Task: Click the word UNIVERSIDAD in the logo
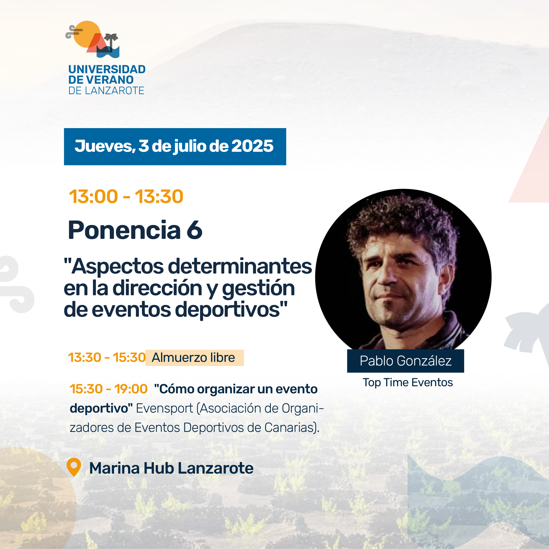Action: click(x=107, y=69)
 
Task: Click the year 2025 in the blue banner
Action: click(x=252, y=146)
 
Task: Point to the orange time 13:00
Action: click(x=93, y=196)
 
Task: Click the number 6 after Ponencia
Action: click(x=195, y=230)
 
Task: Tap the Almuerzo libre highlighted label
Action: click(x=194, y=358)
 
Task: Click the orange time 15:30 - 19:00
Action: click(x=109, y=389)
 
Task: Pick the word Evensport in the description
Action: click(x=164, y=409)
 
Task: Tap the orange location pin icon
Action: click(x=74, y=467)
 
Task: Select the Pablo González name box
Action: click(x=406, y=361)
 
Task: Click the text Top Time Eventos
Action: click(x=408, y=383)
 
